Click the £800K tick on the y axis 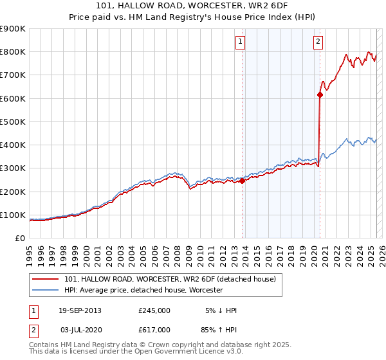coord(14,52)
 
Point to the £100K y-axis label coord(14,215)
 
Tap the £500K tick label coord(14,122)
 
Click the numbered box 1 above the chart coord(240,42)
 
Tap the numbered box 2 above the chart coord(318,42)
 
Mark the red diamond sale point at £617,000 coord(320,94)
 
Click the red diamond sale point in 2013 coord(243,181)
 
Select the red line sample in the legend coord(46,279)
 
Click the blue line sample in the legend coord(46,290)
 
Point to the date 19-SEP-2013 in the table coord(80,310)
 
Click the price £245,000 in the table coord(154,310)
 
